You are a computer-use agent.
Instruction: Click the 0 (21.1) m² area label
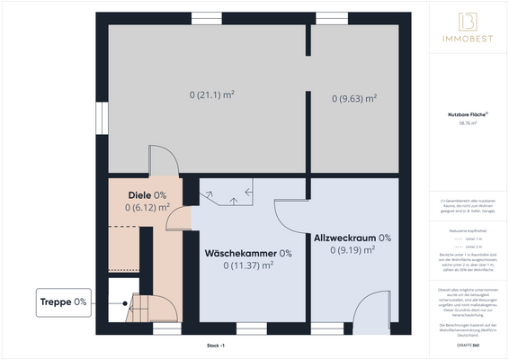tap(211, 94)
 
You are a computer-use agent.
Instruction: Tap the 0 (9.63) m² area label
tap(353, 98)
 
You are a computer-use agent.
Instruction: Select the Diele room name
tap(140, 195)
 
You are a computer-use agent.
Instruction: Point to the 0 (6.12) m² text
tap(147, 207)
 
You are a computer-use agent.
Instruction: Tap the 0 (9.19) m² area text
tap(353, 250)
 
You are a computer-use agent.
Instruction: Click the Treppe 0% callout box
tap(63, 301)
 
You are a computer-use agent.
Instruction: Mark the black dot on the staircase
tap(121, 304)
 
